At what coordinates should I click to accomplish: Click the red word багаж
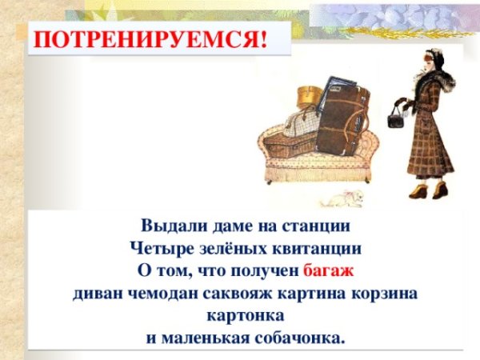(328, 270)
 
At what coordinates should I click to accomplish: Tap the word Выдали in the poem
(169, 225)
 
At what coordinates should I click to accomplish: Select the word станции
(319, 225)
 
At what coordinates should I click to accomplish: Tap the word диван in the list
(94, 292)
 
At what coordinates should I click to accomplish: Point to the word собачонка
(299, 337)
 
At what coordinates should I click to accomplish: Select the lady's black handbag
(395, 120)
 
